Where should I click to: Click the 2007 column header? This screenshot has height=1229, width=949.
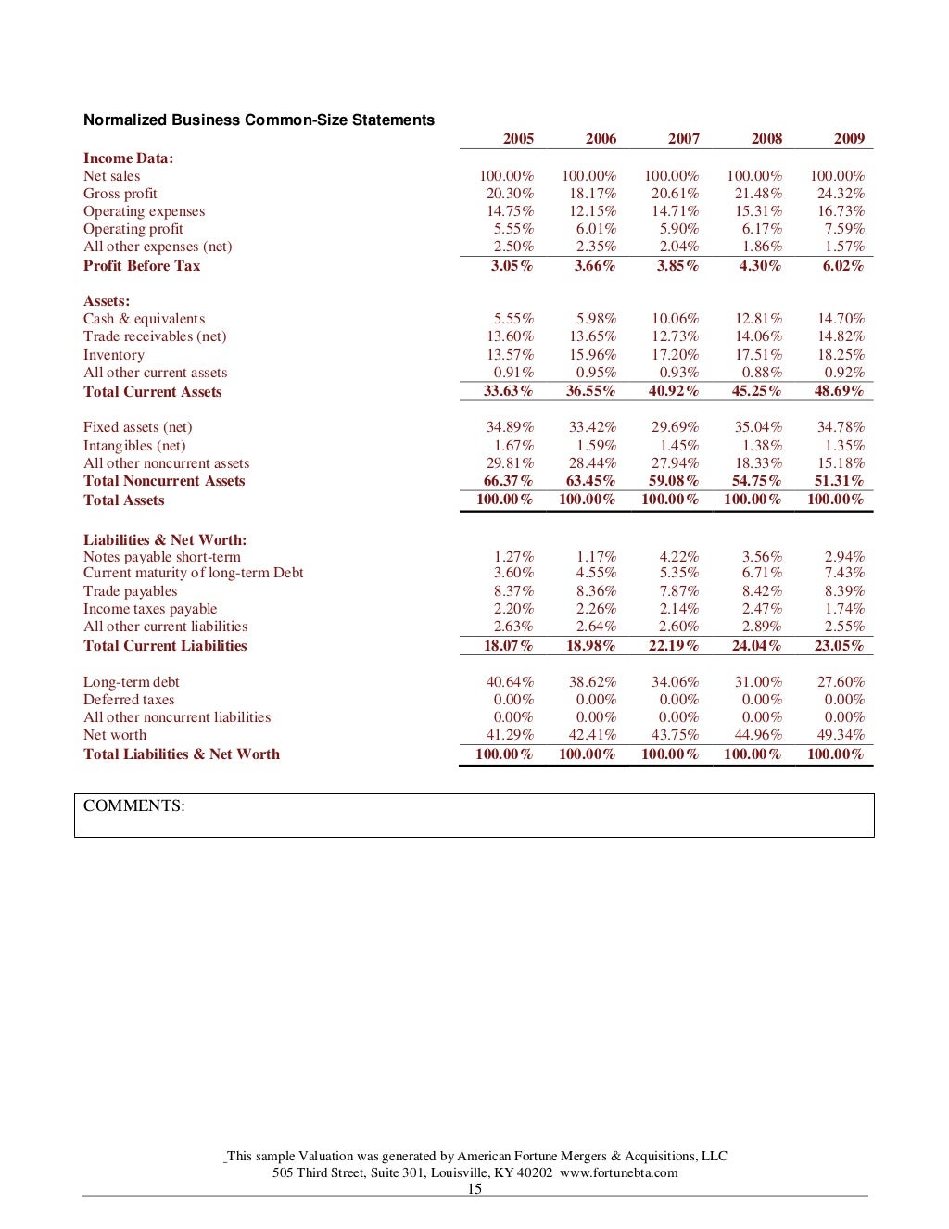coord(684,138)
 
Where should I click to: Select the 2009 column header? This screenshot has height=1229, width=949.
coord(849,138)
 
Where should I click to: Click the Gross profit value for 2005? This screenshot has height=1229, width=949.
coord(510,194)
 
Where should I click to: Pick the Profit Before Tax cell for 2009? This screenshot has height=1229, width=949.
coord(841,266)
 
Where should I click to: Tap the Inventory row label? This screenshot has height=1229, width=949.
coord(114,355)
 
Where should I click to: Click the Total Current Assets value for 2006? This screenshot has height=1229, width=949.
coord(590,391)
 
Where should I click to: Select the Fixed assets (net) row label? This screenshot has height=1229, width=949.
coord(138,427)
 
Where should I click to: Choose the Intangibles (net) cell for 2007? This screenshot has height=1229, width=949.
coord(679,446)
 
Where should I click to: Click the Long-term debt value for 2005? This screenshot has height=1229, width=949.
coord(510,682)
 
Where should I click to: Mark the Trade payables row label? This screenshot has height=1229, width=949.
coord(130,591)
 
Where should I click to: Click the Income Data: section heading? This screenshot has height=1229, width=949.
coord(128,158)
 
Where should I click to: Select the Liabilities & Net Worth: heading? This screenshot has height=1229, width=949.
coord(165,540)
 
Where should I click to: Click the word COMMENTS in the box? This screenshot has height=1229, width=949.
coord(133,805)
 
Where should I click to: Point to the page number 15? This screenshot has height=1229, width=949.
coord(474,1189)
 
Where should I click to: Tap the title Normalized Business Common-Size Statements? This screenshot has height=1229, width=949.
coord(259,120)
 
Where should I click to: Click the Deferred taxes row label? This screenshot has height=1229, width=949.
coord(129,700)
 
